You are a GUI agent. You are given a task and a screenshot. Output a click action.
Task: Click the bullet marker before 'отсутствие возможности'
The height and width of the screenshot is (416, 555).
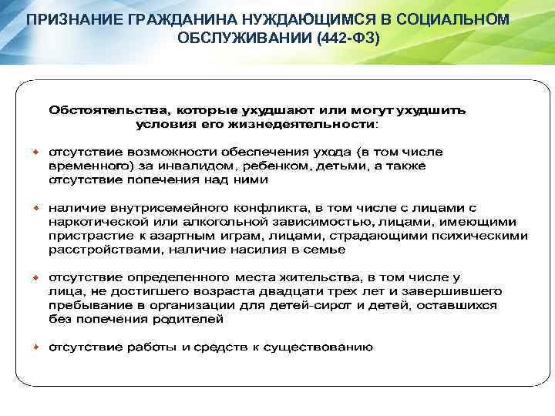(35, 152)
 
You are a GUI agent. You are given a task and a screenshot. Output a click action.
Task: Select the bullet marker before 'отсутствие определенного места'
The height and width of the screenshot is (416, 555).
(35, 277)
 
